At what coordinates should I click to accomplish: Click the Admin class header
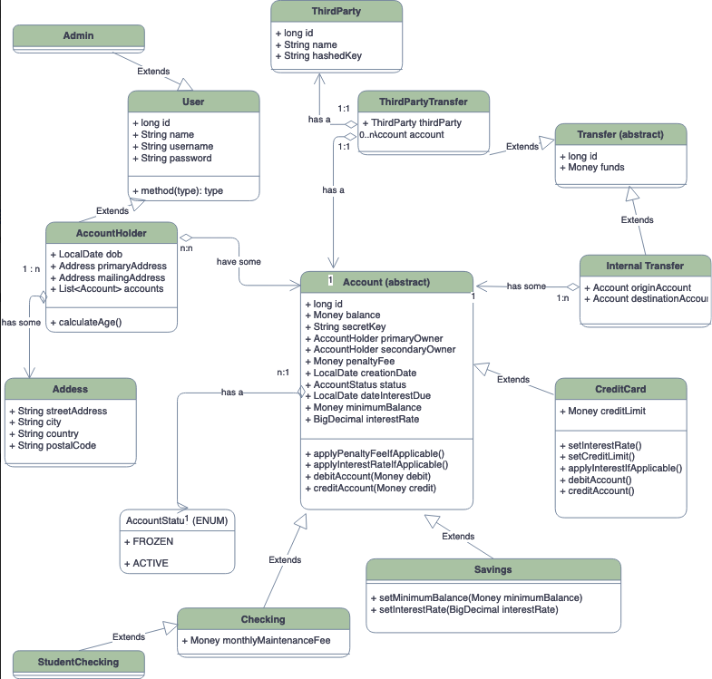click(x=78, y=35)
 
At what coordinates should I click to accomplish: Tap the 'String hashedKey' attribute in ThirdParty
click(x=324, y=56)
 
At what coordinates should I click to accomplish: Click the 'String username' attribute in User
click(x=177, y=146)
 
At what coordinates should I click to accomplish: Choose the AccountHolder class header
click(x=111, y=233)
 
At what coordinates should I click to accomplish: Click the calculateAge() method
click(x=89, y=322)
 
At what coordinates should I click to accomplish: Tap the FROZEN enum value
click(x=150, y=541)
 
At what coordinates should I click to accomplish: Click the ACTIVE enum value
click(x=147, y=563)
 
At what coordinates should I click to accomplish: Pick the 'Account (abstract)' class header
click(x=386, y=282)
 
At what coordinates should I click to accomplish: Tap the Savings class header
click(x=493, y=569)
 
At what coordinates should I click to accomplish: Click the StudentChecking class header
click(x=78, y=662)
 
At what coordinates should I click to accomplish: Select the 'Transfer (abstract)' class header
click(x=619, y=134)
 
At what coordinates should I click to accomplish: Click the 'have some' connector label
click(x=239, y=262)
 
